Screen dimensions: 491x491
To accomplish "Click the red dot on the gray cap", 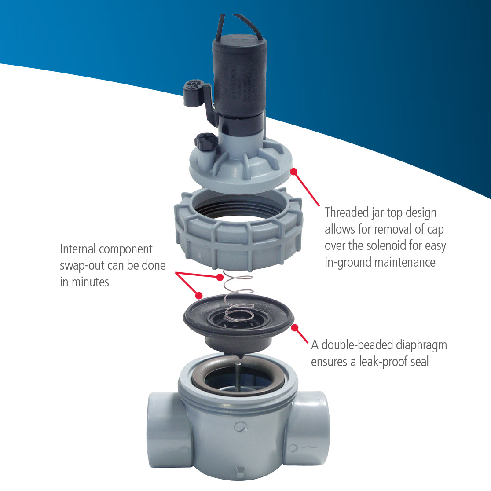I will (x=294, y=171).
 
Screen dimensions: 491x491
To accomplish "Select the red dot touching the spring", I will (x=220, y=277).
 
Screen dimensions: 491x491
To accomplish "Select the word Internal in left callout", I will (x=77, y=249).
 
